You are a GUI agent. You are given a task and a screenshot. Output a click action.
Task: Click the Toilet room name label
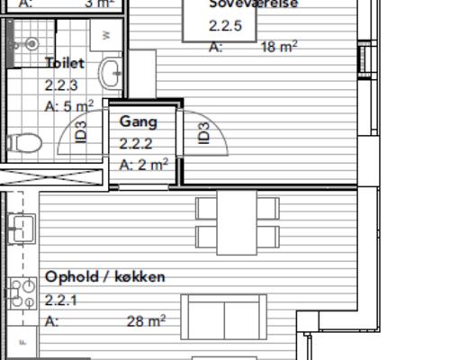pyautogui.click(x=65, y=64)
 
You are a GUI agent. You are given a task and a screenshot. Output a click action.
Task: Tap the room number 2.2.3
pyautogui.click(x=61, y=85)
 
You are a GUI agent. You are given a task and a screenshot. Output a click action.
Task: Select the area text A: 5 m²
pyautogui.click(x=69, y=106)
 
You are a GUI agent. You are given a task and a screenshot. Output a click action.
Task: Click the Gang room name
pyautogui.click(x=139, y=121)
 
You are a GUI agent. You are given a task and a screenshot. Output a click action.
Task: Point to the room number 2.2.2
pyautogui.click(x=136, y=143)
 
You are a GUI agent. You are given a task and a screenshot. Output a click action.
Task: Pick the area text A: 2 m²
pyautogui.click(x=144, y=164)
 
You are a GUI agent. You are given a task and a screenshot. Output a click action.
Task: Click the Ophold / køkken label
pyautogui.click(x=105, y=277)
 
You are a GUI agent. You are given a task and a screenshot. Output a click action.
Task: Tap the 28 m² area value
pyautogui.click(x=146, y=320)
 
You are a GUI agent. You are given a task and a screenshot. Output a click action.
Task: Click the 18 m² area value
pyautogui.click(x=279, y=47)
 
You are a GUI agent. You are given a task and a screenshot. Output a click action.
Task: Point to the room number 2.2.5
pyautogui.click(x=225, y=26)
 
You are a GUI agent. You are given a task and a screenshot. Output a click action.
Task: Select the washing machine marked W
pyautogui.click(x=106, y=34)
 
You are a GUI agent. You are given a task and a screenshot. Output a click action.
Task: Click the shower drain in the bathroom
pyautogui.click(x=31, y=43)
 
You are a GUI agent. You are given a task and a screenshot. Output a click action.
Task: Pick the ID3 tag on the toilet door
pyautogui.click(x=81, y=132)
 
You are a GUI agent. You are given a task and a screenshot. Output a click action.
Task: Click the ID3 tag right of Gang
pyautogui.click(x=203, y=132)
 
